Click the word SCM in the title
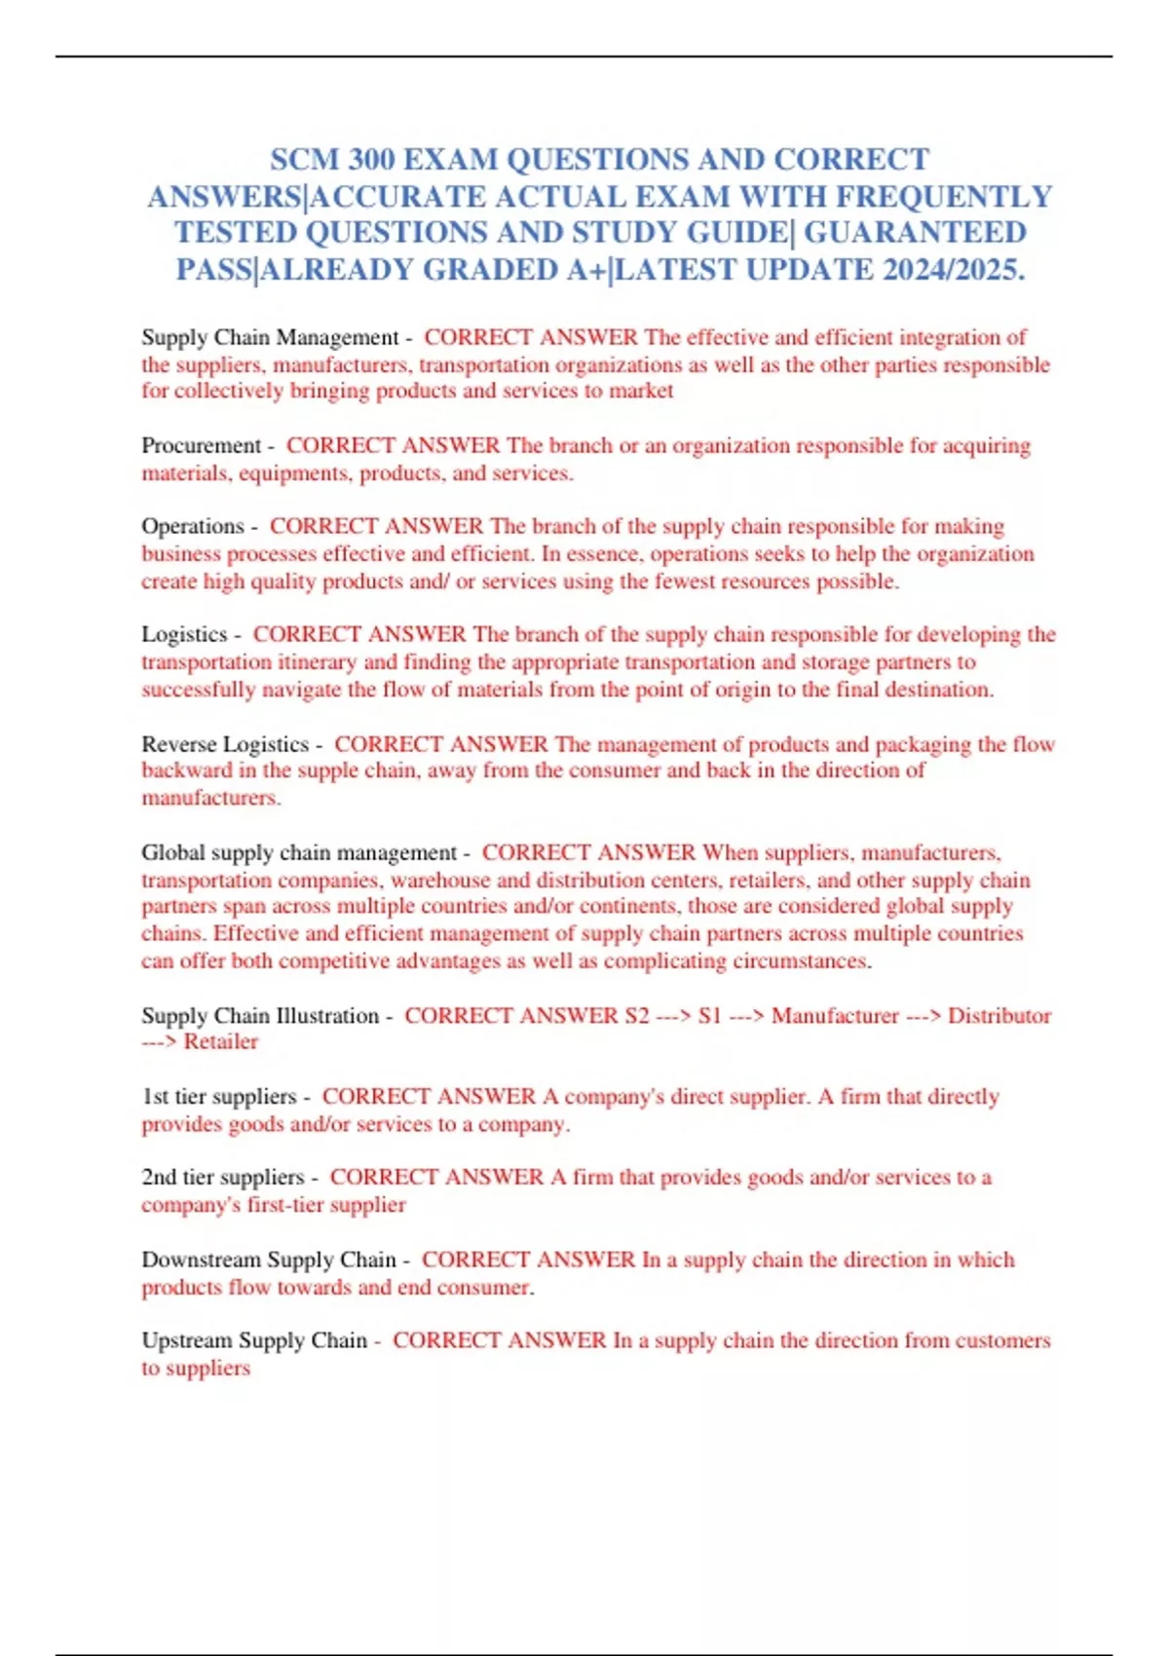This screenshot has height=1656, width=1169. pyautogui.click(x=303, y=160)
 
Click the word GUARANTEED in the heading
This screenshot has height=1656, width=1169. pyautogui.click(x=915, y=233)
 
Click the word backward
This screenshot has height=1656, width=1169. pyautogui.click(x=186, y=771)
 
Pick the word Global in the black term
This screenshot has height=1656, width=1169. pyautogui.click(x=173, y=852)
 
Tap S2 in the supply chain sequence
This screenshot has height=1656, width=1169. pyautogui.click(x=636, y=1016)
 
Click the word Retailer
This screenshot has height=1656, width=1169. pyautogui.click(x=221, y=1042)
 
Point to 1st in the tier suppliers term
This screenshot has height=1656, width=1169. pyautogui.click(x=155, y=1097)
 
